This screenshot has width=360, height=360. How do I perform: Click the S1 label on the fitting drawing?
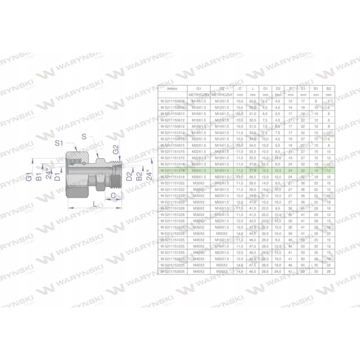pyautogui.click(x=58, y=143)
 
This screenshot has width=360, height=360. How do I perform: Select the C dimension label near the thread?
pyautogui.click(x=113, y=195)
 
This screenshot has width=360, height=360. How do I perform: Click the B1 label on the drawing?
pyautogui.click(x=39, y=175)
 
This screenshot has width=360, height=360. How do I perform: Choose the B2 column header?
pyautogui.click(x=328, y=89)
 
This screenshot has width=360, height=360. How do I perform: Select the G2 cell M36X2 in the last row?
pyautogui.click(x=220, y=271)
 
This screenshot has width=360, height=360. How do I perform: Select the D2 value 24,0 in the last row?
pyautogui.click(x=278, y=271)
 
